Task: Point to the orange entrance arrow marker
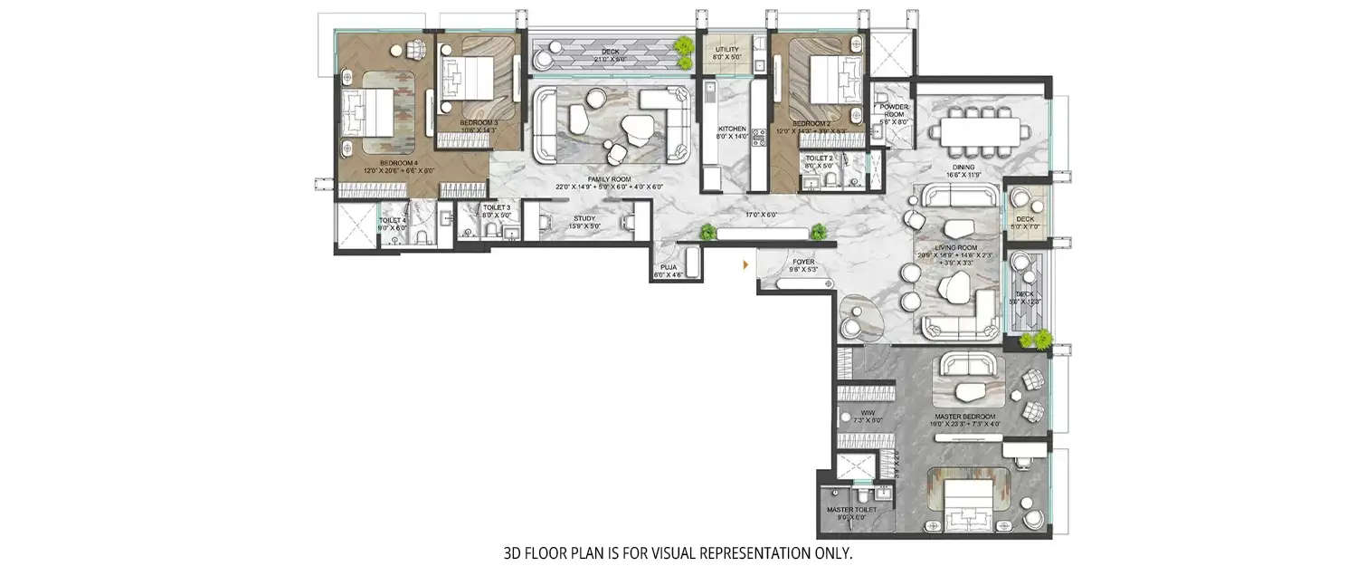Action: [745, 265]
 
